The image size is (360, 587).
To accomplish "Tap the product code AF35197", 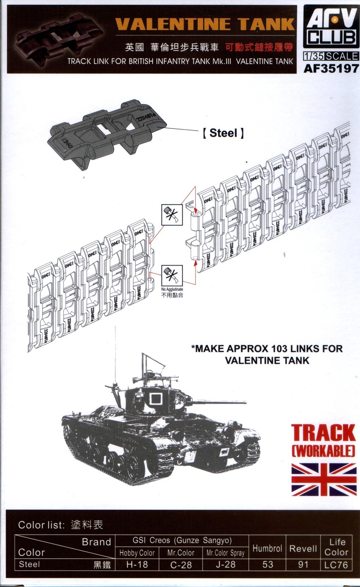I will click(331, 68).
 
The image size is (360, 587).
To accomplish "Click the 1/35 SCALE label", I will click(331, 56).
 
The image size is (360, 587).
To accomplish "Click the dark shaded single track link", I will click(106, 135).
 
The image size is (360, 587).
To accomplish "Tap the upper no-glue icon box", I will click(172, 215).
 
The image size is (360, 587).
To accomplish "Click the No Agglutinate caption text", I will click(172, 289).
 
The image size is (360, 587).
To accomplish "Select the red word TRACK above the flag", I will click(324, 433).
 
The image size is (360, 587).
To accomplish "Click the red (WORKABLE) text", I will click(324, 451).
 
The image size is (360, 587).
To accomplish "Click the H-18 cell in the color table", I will click(137, 564).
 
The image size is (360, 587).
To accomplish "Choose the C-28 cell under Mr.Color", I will click(181, 564).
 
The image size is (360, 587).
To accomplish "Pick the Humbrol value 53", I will click(268, 564).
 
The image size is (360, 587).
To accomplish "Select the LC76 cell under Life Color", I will click(336, 564).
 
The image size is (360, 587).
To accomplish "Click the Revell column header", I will click(303, 548).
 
